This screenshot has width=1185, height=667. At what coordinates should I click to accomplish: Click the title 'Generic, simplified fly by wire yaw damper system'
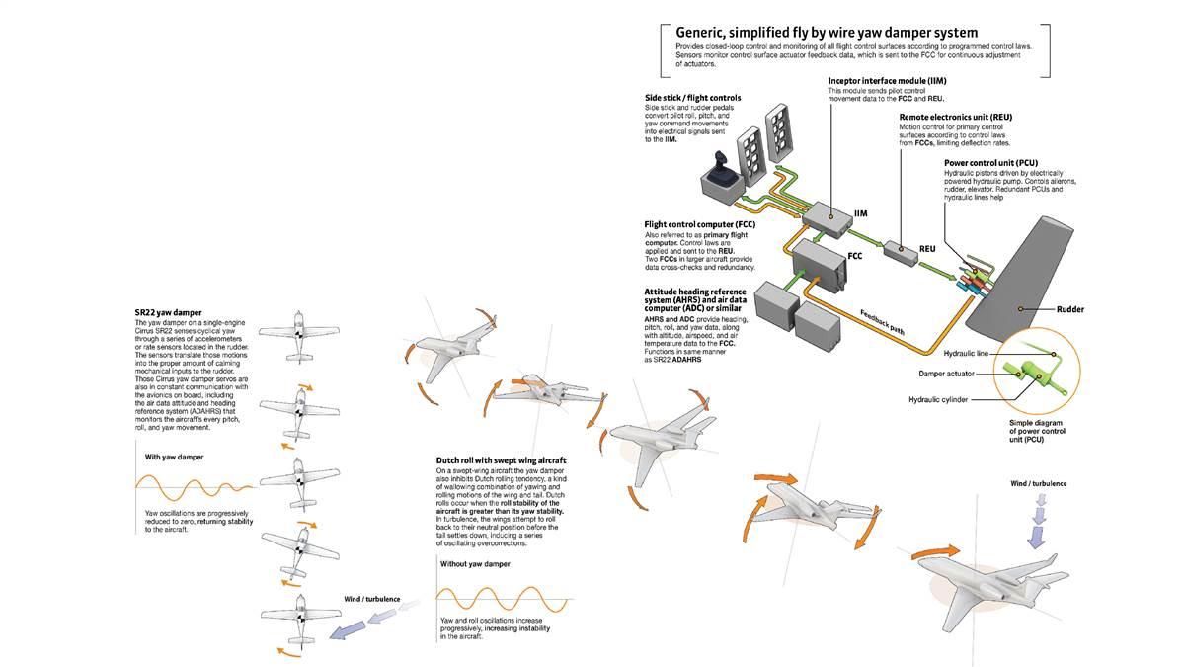pyautogui.click(x=827, y=33)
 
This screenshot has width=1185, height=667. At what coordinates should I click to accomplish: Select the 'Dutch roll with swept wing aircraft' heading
pyautogui.click(x=501, y=460)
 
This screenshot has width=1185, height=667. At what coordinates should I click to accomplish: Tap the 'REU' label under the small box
pyautogui.click(x=926, y=249)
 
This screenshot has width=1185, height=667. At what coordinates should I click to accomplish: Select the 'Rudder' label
pyautogui.click(x=1068, y=308)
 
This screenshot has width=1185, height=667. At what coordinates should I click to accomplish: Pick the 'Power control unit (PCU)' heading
pyautogui.click(x=989, y=163)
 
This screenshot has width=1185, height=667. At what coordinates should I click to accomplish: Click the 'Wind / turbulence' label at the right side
pyautogui.click(x=1038, y=483)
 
